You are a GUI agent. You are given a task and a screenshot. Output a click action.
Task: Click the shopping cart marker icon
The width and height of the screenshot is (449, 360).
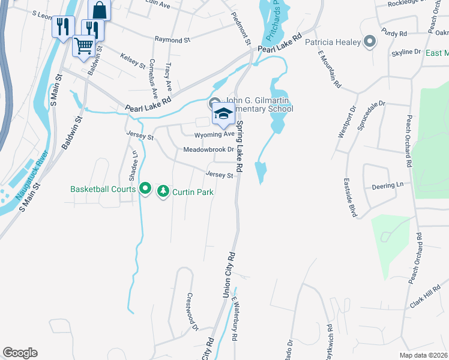pos(84,46)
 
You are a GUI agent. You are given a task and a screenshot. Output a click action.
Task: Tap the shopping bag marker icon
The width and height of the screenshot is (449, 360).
pos(99,10)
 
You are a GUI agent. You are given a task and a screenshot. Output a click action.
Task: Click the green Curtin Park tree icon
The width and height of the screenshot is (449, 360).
pos(163,191)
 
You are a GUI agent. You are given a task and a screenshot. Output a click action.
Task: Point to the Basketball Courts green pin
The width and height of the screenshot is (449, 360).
pos(145,189)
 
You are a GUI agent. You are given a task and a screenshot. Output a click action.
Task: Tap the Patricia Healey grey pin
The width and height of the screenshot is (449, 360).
pos(369,42)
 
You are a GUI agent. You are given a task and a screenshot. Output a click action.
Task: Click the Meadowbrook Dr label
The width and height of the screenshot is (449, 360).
pos(208,149)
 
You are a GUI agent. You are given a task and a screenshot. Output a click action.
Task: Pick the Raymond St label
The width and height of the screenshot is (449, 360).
pos(172,40)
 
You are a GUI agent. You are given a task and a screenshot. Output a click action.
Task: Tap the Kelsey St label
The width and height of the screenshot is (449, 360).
pos(133,60)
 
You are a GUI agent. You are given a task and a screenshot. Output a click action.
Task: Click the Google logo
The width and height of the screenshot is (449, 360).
pos(20,353)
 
